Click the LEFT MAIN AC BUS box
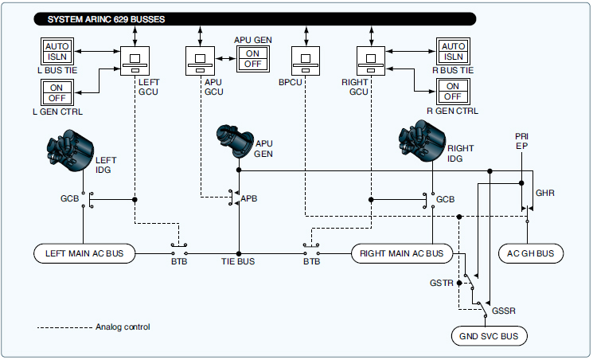(85, 254)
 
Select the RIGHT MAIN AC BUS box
(401, 254)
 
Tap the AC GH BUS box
(530, 254)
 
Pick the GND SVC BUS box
(488, 336)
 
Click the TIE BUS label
(238, 261)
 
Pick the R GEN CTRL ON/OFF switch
(452, 92)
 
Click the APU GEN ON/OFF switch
(252, 57)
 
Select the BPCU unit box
(306, 61)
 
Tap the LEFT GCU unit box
(135, 61)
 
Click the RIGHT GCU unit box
(371, 61)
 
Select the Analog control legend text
(123, 327)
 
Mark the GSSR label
(504, 309)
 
